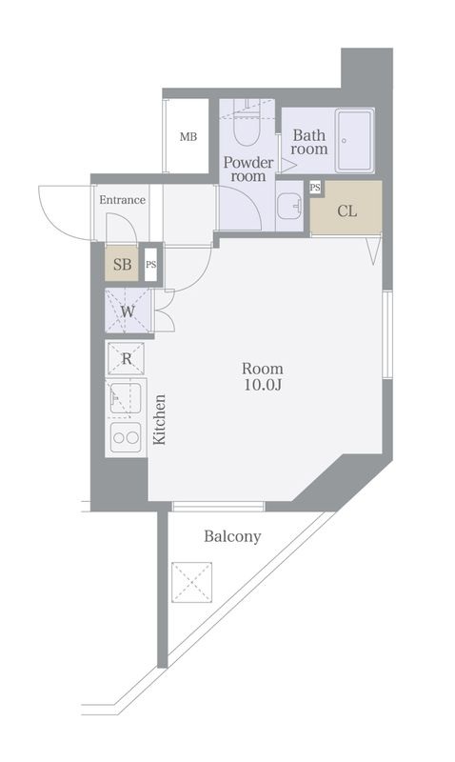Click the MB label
(x=188, y=137)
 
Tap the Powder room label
(x=247, y=169)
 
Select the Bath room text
(x=309, y=142)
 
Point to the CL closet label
(x=346, y=211)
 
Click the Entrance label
(x=123, y=200)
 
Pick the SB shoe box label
(x=123, y=265)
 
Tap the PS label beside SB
(x=150, y=265)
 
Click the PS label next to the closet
(x=315, y=188)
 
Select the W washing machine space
(x=127, y=311)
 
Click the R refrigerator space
(x=127, y=358)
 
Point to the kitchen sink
(x=126, y=398)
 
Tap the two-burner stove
(x=126, y=438)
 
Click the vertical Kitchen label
(x=160, y=420)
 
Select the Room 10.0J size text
(x=262, y=376)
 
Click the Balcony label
(x=232, y=537)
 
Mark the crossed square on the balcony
(x=191, y=581)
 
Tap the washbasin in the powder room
(x=289, y=206)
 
